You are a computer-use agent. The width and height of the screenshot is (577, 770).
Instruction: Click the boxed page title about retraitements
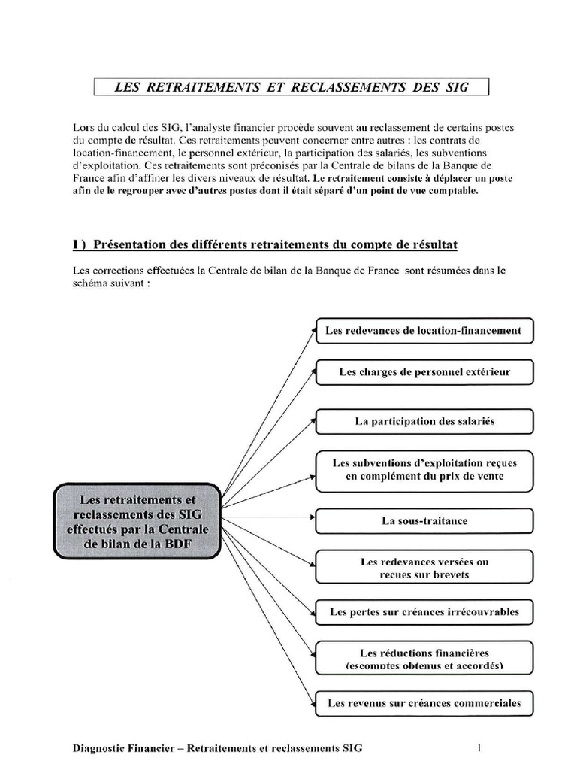click(292, 87)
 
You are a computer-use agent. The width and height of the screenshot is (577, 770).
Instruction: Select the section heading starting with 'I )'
click(265, 245)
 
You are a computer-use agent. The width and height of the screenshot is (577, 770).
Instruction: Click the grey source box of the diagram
click(137, 522)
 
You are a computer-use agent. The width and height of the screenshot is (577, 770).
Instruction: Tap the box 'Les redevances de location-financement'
click(424, 330)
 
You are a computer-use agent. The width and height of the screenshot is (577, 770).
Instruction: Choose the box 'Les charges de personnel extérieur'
click(424, 371)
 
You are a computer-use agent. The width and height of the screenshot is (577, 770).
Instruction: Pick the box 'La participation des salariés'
click(424, 421)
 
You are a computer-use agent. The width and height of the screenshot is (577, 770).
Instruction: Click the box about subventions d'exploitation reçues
click(424, 470)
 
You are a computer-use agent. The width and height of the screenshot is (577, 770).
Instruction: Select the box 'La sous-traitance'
click(424, 520)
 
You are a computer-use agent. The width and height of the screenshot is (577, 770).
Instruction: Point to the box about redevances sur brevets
click(424, 568)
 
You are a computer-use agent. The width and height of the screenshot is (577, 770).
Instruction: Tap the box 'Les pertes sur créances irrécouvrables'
click(424, 612)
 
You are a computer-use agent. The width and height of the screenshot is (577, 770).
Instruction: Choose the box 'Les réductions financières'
click(424, 659)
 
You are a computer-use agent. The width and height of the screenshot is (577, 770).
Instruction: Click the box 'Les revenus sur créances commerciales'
click(424, 704)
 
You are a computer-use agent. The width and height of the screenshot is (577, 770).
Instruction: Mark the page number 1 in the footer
click(478, 748)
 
